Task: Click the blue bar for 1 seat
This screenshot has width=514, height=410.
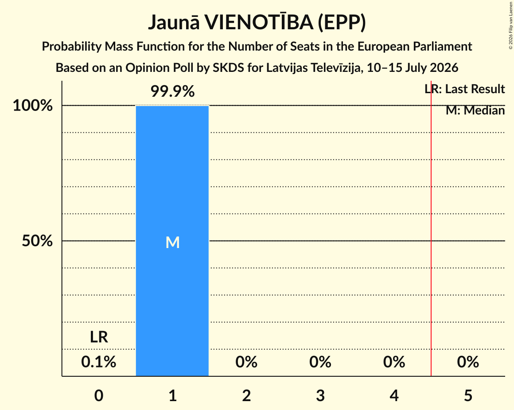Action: tap(172, 241)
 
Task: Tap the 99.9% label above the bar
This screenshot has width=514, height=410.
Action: tap(172, 91)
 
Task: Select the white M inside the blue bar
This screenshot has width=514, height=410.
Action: tap(172, 243)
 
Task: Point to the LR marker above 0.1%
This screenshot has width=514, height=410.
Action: tap(99, 337)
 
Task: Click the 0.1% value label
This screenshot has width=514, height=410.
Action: tap(99, 362)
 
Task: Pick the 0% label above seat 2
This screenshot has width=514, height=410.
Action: tap(246, 362)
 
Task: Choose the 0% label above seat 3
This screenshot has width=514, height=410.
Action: tap(320, 362)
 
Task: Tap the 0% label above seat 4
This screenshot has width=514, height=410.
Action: tap(394, 362)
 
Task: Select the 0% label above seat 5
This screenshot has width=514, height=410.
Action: tap(468, 362)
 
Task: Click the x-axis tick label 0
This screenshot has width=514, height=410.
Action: tap(99, 395)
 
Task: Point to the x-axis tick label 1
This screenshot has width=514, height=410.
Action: tap(173, 395)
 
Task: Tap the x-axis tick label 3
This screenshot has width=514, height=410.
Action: tap(320, 395)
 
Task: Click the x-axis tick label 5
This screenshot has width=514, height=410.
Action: tap(468, 395)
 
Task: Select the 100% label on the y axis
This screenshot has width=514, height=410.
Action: tap(33, 106)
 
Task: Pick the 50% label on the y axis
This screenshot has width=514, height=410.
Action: tap(37, 241)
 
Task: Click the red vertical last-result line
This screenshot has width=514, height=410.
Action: tap(431, 229)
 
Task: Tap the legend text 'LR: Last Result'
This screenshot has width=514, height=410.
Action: tap(464, 89)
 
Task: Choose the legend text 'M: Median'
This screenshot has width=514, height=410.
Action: tap(475, 110)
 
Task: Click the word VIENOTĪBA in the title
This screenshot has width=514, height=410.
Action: tap(259, 22)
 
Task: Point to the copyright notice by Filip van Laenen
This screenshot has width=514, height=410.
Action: tap(511, 25)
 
